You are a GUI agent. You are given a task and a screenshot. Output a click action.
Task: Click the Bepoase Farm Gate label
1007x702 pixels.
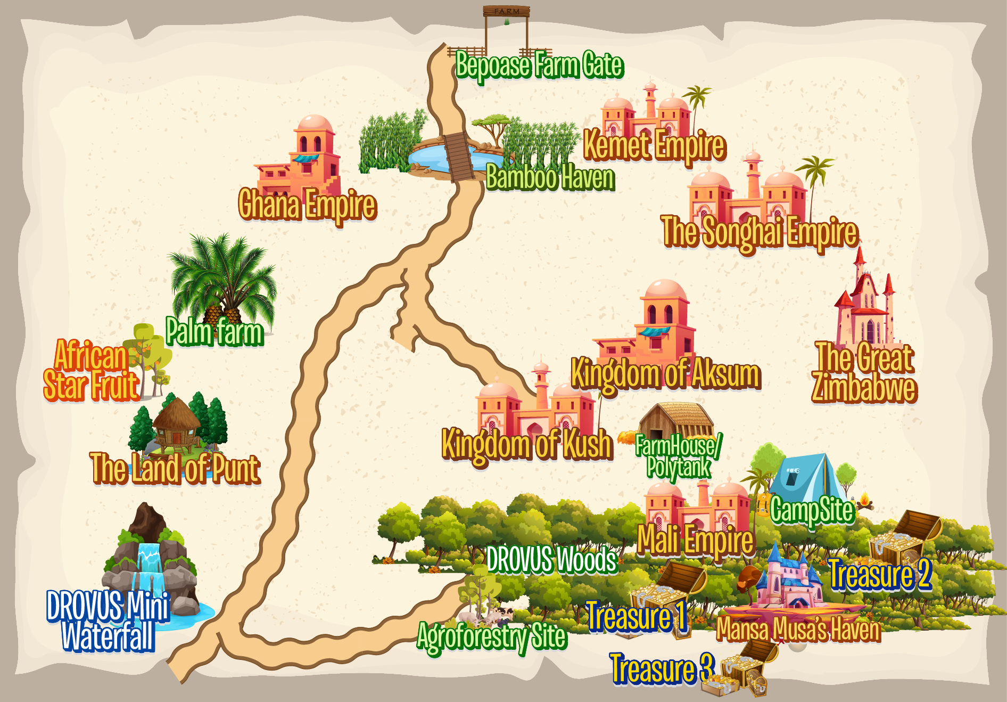(x=539, y=66)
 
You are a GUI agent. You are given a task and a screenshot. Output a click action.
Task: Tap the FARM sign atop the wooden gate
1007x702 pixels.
(x=506, y=11)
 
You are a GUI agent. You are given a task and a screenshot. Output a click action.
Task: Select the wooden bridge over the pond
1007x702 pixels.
(x=459, y=156)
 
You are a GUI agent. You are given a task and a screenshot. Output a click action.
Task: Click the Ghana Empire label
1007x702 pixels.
(x=307, y=205)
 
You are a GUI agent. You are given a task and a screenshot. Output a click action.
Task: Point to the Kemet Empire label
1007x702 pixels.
(x=655, y=145)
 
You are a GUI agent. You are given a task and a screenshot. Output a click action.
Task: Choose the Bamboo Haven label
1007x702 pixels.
(x=550, y=177)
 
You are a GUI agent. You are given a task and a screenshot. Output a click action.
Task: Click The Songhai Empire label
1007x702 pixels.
(x=760, y=232)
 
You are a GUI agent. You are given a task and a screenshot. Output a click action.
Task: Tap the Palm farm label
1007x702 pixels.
(x=214, y=332)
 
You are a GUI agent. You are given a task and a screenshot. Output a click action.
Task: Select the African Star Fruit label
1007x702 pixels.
(x=90, y=371)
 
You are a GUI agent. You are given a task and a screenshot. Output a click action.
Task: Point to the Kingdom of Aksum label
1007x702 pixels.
(x=665, y=374)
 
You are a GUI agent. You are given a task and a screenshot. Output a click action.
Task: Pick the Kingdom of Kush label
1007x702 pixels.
(x=527, y=444)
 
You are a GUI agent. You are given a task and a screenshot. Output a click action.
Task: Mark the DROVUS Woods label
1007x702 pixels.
(x=551, y=560)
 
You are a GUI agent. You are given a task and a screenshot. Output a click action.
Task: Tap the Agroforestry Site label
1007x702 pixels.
(x=491, y=636)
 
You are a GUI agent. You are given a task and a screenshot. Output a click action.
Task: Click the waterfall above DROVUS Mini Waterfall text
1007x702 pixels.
(x=150, y=565)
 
